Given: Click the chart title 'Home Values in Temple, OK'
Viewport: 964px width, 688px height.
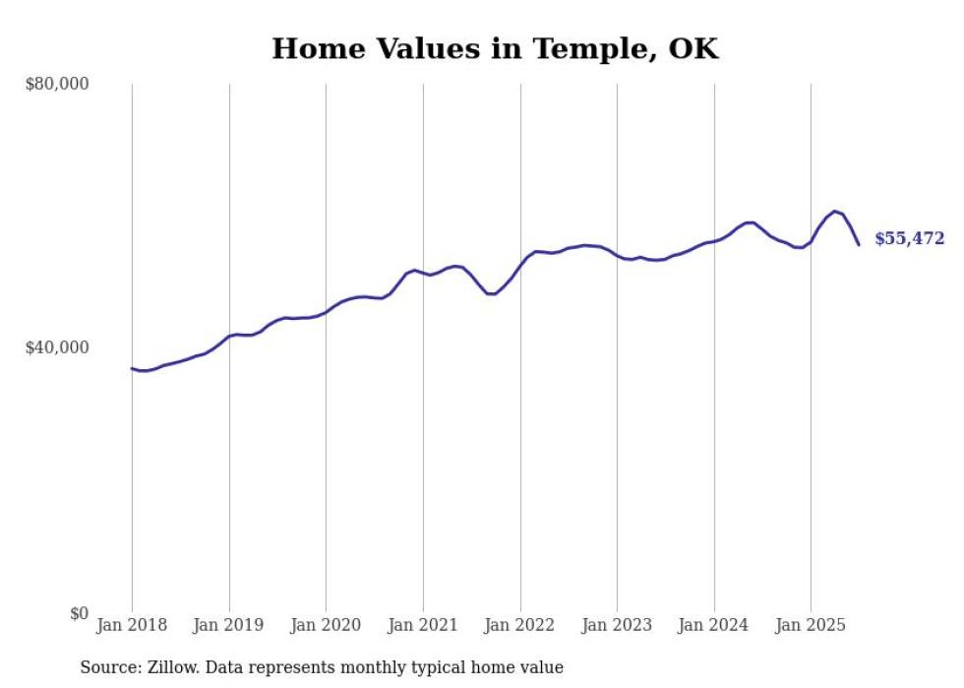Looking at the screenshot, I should click(495, 48).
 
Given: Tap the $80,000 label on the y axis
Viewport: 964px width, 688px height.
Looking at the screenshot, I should click(56, 84).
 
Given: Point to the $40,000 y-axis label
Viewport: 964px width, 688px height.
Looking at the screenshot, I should click(56, 347).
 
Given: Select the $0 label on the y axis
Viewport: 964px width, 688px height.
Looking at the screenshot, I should click(79, 613).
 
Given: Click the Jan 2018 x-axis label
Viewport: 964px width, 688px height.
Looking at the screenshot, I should click(132, 625).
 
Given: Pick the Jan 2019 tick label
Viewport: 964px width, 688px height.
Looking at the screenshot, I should click(229, 625).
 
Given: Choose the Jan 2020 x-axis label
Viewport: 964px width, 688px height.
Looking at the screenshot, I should click(326, 625).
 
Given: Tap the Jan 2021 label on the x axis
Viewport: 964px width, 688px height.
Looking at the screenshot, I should click(423, 625).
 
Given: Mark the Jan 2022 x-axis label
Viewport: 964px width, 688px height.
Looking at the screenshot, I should click(520, 625).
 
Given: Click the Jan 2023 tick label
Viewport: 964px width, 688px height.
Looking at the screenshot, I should click(617, 625).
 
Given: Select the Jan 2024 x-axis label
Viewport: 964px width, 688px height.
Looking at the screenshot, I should click(714, 625).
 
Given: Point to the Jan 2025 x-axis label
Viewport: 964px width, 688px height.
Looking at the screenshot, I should click(811, 625).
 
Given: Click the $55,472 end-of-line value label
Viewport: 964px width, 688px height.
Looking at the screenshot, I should click(909, 239).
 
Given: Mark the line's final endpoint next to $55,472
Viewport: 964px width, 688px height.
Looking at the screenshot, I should click(859, 244).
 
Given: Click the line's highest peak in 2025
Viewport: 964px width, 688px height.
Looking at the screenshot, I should click(835, 211).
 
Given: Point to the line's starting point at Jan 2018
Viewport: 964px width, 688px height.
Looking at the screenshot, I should click(132, 368).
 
